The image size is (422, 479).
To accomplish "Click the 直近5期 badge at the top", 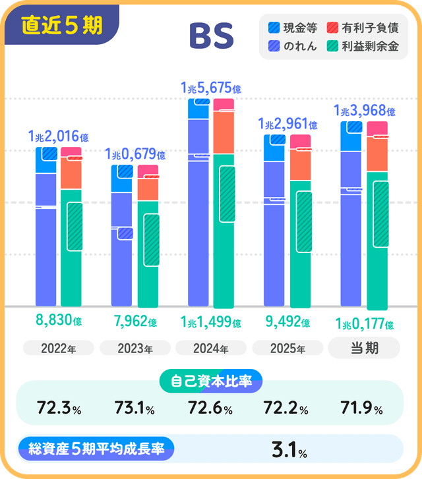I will point(63,25).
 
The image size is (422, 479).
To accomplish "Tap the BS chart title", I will point(211,37).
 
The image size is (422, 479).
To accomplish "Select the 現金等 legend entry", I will point(293,28).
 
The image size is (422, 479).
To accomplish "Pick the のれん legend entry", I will point(293,47).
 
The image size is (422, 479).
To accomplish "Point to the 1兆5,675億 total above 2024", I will point(210,87).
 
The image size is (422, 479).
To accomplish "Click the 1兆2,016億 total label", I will point(58,136).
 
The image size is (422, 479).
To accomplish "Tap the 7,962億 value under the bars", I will point(135,322).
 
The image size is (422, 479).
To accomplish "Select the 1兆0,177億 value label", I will point(364,324).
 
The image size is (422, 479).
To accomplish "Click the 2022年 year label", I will point(58,349).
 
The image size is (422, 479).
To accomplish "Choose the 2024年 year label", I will point(211,349).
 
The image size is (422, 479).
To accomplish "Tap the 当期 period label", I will point(364,348).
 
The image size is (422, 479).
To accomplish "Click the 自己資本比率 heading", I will point(211,381).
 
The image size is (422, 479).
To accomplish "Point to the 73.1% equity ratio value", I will point(135,409).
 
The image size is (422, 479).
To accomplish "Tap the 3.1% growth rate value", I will point(289,451).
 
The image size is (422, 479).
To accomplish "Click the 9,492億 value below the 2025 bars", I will point(287,322).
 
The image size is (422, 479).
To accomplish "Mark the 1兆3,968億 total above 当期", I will point(365,111).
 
